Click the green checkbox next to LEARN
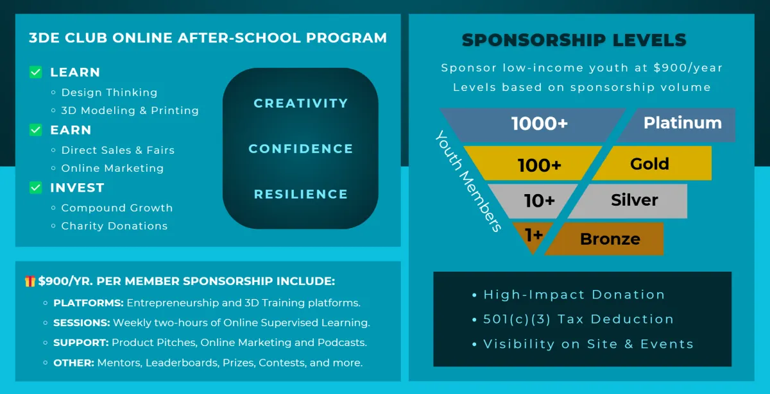click(36, 72)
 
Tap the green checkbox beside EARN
click(36, 129)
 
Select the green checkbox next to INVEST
click(36, 187)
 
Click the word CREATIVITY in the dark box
click(301, 103)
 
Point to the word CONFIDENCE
click(301, 149)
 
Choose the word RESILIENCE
click(301, 194)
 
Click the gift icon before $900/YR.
click(30, 281)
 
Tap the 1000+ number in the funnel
click(540, 123)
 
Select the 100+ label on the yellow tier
click(540, 165)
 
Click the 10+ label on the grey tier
click(540, 201)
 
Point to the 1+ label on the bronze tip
click(534, 235)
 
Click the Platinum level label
click(683, 122)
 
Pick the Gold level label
click(649, 164)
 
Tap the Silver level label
click(635, 200)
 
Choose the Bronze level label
click(610, 239)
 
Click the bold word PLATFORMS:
click(89, 302)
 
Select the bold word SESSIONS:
click(81, 323)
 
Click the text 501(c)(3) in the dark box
click(517, 319)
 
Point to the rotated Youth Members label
click(468, 181)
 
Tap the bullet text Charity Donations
click(114, 226)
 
